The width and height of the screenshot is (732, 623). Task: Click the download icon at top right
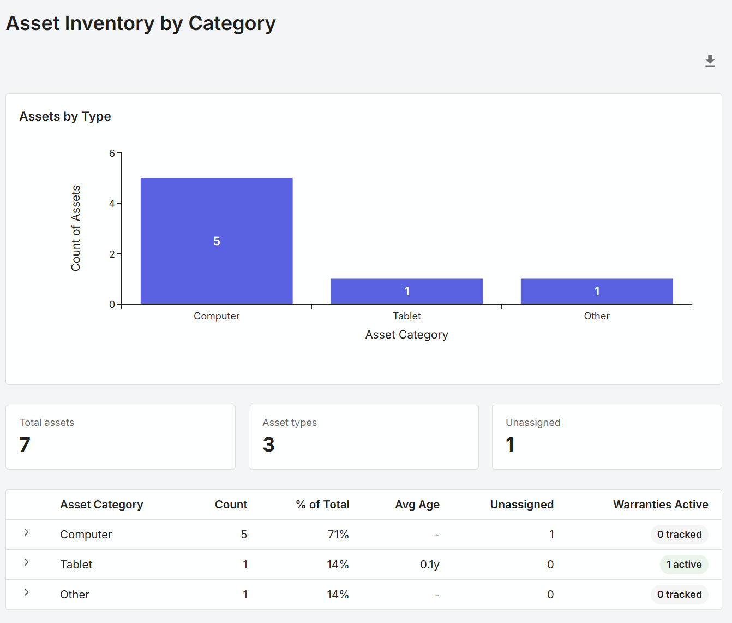[710, 61]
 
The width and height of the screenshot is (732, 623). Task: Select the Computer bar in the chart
[217, 241]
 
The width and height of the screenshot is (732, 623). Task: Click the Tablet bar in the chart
[406, 291]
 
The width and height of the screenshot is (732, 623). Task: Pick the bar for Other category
[597, 291]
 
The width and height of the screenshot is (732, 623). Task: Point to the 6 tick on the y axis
[112, 153]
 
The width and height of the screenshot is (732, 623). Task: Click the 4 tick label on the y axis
[112, 204]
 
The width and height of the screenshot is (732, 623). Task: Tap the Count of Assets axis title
[76, 228]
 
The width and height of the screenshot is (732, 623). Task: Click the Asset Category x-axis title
[406, 335]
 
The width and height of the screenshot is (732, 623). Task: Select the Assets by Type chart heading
[65, 116]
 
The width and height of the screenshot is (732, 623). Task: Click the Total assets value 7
[25, 444]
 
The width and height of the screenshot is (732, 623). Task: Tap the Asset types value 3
[268, 444]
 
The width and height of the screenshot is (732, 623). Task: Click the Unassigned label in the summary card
[533, 423]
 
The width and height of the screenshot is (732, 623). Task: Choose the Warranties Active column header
[661, 505]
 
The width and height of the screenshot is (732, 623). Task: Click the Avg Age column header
[417, 505]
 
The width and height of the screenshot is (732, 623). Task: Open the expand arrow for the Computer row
[26, 532]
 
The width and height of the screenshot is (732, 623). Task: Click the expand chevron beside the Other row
[26, 592]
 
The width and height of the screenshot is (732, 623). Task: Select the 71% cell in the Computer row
[338, 535]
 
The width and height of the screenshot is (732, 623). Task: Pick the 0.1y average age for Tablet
[430, 565]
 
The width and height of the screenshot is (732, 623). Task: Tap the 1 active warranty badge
[684, 565]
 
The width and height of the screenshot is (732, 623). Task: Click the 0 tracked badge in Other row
[679, 595]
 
